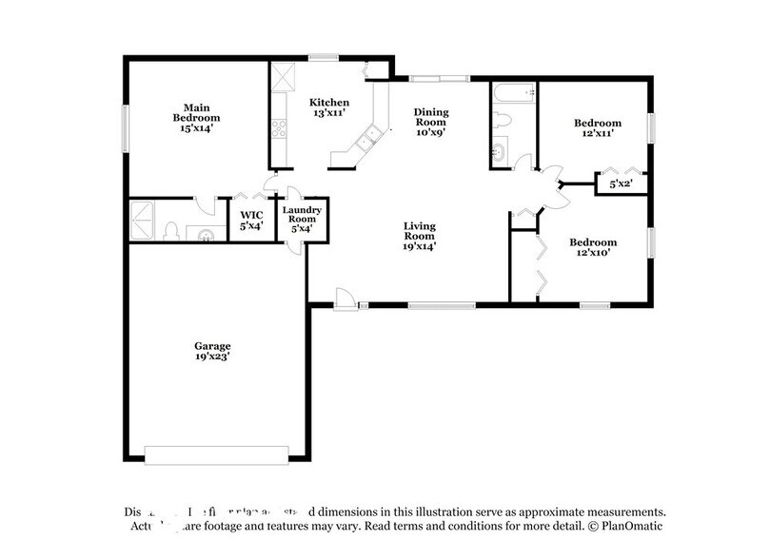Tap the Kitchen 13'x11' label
click(x=329, y=107)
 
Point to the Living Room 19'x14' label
click(x=420, y=233)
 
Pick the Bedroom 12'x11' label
click(x=597, y=128)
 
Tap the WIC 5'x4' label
click(x=251, y=221)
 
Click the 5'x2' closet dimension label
click(x=622, y=183)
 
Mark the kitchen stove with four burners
click(x=278, y=127)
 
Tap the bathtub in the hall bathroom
click(x=514, y=93)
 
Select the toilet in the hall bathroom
click(x=503, y=121)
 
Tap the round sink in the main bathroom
click(x=204, y=233)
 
